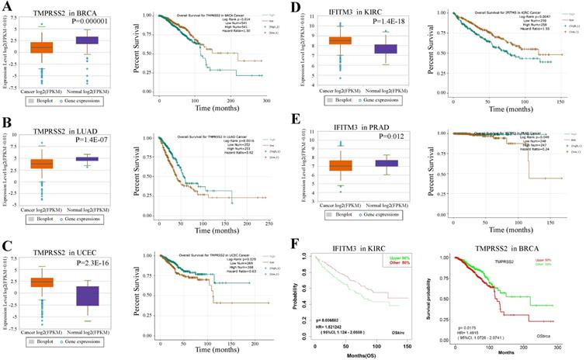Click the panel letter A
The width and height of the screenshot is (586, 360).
[x=6, y=7]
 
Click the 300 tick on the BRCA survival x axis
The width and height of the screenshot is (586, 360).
[x=266, y=101]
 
